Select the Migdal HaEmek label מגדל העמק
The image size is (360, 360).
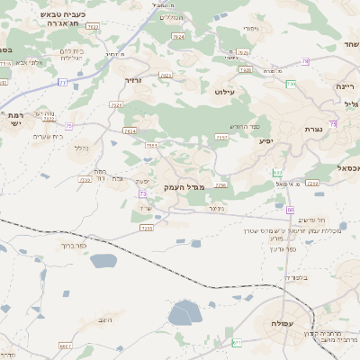click(185, 186)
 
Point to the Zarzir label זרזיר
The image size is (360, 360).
click(133, 80)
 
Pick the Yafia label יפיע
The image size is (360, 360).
click(265, 141)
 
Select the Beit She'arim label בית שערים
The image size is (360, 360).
click(49, 136)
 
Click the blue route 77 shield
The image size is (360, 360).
click(62, 82)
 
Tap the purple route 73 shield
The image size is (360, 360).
click(143, 193)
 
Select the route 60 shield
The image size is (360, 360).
click(291, 210)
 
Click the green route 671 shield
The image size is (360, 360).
click(237, 342)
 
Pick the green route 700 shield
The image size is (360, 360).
click(290, 84)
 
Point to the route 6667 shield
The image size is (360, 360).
click(65, 346)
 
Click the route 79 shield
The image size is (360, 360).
click(306, 61)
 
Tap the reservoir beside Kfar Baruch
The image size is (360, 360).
click(103, 261)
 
